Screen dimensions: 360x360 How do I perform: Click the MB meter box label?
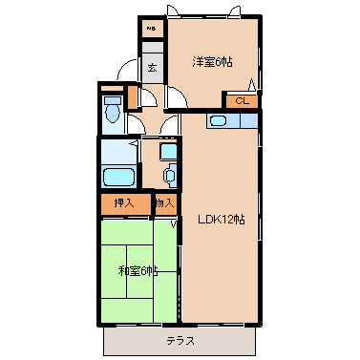pos(150,29)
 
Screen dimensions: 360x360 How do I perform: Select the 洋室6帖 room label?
pos(212,62)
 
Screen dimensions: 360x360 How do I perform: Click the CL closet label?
pos(241,99)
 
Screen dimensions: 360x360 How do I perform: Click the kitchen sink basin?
pos(217,120)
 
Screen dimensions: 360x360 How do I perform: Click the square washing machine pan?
pos(168,151)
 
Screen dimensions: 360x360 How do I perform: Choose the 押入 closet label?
pos(124,202)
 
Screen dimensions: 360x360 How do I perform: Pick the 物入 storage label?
pos(164,202)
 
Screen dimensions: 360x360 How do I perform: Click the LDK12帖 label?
pos(222,220)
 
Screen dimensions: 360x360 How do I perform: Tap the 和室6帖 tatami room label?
pos(138,269)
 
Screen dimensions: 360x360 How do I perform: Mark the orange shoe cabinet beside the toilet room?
pos(133,97)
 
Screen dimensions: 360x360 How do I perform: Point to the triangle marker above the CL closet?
pos(252,85)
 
